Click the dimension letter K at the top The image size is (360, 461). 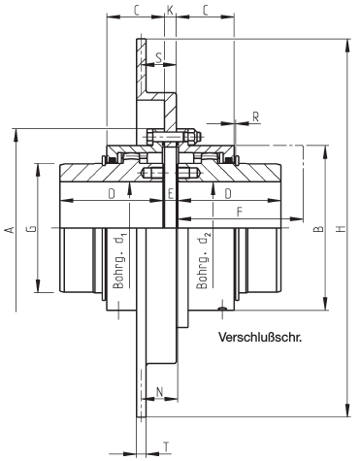pos(170,10)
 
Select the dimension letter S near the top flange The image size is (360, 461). pos(159,57)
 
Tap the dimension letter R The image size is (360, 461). pos(256,117)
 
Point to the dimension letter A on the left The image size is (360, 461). pos(10,230)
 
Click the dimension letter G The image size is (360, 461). pos(31,229)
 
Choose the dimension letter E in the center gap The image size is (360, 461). pos(171,194)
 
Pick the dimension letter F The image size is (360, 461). pos(239,213)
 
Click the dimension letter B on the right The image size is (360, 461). pos(318,229)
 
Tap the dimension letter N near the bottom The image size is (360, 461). pos(159,392)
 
